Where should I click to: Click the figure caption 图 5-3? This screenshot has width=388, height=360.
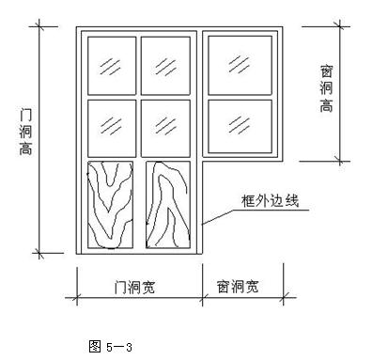[x=110, y=345]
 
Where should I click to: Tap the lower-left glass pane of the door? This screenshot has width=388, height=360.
[x=111, y=125]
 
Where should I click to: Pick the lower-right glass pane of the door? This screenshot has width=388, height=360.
[x=166, y=125]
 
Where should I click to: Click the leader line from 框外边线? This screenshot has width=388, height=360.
[x=216, y=216]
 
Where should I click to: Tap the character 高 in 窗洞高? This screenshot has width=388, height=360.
[x=326, y=106]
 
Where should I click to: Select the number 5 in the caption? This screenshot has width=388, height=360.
[x=108, y=345]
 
